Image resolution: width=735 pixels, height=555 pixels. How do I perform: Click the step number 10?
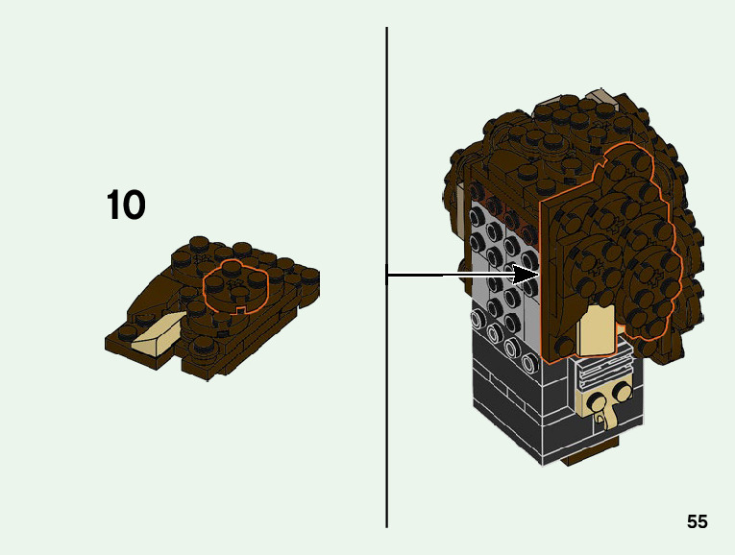click(x=126, y=205)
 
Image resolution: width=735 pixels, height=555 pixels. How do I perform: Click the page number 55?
click(x=697, y=521)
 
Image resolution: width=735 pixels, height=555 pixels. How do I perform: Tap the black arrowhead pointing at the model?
click(x=526, y=276)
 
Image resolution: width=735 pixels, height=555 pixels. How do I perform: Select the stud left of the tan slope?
click(x=127, y=332)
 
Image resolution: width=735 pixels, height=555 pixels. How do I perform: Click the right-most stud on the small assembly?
click(x=309, y=275)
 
